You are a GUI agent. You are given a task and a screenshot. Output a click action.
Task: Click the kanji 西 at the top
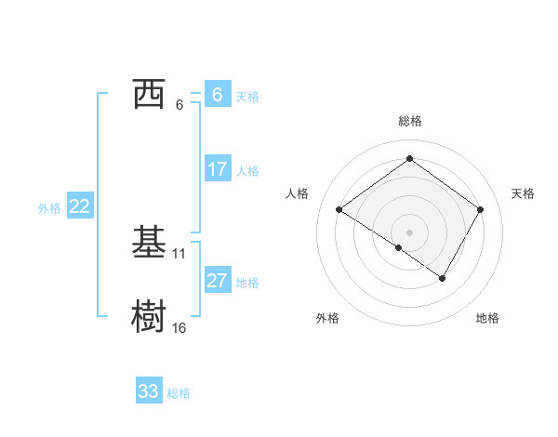coord(149,95)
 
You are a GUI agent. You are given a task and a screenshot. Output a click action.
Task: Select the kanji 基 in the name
coord(149,244)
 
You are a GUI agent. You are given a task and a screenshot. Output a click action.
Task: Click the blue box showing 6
coord(217,95)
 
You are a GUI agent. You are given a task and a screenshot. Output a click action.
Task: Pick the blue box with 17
coord(217,169)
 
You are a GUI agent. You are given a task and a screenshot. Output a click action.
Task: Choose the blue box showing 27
coord(217,281)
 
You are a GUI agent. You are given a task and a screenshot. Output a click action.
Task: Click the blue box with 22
coord(79,206)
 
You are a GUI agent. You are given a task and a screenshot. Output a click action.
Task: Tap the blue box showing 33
coord(149,391)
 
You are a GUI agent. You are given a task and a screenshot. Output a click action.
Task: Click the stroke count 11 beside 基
coord(179,253)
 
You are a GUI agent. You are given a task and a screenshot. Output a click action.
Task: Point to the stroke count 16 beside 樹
coord(179,327)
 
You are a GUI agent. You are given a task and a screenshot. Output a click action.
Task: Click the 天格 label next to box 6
coord(247,97)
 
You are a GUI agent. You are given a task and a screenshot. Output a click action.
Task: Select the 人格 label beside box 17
coord(247,171)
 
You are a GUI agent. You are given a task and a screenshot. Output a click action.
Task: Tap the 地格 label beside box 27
coord(247,283)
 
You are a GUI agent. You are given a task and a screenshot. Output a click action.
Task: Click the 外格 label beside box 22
coord(49,208)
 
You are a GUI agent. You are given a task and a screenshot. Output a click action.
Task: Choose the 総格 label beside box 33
coord(179,393)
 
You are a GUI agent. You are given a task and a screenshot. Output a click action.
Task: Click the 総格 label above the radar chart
coord(409,121)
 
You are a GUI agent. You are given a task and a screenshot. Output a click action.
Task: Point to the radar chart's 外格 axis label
coord(327,318)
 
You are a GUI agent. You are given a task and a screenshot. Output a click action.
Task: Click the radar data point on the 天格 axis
coord(480,210)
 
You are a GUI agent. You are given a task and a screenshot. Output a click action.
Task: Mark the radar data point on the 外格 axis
coord(399,247)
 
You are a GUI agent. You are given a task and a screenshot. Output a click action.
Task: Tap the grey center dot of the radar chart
coord(409,232)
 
